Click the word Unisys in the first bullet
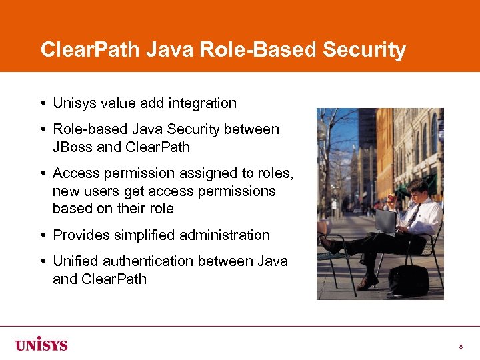75,103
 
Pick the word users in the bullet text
101,191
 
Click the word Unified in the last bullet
75,261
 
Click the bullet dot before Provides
43,235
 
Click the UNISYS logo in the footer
41,345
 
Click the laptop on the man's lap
386,221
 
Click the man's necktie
414,215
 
